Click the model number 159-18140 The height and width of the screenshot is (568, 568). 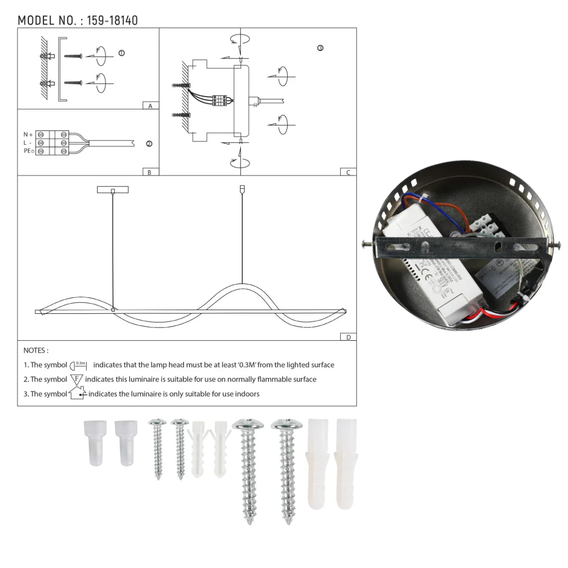112,21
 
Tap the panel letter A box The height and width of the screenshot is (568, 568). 151,106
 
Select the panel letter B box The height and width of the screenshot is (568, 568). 150,172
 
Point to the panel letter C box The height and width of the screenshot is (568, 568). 348,172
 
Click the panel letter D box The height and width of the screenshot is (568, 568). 348,337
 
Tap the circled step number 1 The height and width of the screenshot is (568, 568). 122,53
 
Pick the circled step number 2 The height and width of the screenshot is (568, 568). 149,144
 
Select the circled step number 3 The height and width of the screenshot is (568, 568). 320,48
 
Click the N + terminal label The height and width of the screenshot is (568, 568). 28,135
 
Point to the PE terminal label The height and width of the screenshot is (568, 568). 29,151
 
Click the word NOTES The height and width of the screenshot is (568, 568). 35,351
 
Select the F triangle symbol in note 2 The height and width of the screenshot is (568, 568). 77,379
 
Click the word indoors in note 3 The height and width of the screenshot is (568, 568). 246,394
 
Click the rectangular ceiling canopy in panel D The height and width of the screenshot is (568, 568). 113,190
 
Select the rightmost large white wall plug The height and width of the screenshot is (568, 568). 346,464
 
